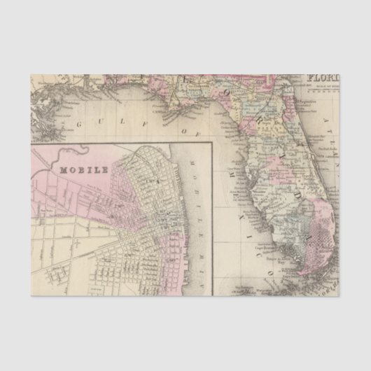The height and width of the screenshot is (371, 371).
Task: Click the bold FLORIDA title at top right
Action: (324, 78)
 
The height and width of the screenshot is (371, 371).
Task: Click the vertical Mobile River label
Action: (197, 203)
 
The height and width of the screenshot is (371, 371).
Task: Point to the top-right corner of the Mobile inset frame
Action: (213, 142)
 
